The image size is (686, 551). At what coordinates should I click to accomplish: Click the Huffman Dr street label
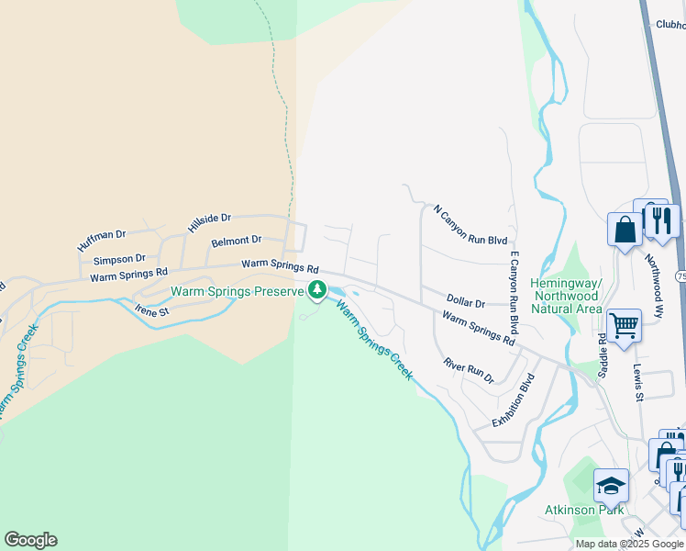click(x=101, y=241)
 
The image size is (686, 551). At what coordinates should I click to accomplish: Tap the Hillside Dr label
click(x=209, y=222)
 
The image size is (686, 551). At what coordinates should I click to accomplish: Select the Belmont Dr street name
click(x=236, y=242)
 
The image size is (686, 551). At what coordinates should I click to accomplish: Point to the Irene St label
click(x=152, y=310)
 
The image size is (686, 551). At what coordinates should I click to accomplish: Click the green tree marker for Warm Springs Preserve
click(x=317, y=291)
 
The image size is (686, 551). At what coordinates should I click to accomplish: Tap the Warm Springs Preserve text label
click(x=237, y=292)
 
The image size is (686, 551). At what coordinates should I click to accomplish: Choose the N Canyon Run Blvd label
click(x=470, y=225)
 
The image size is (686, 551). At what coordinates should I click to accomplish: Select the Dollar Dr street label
click(x=465, y=300)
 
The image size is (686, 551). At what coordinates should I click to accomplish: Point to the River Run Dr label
click(x=469, y=371)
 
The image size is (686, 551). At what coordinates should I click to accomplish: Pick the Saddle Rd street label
click(x=603, y=354)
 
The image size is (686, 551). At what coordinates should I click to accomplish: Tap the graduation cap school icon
click(x=612, y=484)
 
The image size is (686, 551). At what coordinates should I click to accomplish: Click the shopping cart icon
click(x=624, y=324)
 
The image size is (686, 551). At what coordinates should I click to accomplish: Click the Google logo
click(x=30, y=540)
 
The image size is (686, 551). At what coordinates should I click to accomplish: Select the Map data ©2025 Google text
click(x=629, y=544)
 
